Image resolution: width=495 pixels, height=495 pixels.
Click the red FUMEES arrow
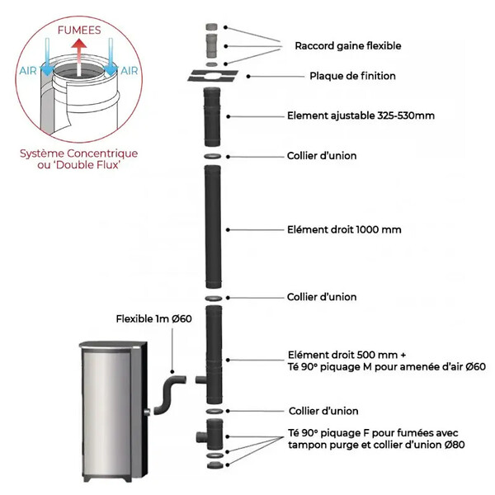click(x=78, y=56)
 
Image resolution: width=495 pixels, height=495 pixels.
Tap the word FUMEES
click(x=79, y=31)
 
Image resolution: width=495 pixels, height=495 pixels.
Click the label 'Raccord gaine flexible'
click(x=348, y=45)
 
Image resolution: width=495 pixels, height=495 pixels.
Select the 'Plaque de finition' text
click(x=352, y=76)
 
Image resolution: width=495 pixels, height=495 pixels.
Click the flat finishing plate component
click(x=213, y=76)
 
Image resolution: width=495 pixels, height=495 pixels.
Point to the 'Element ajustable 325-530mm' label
click(x=361, y=115)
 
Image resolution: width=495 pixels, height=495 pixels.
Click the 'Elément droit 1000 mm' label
click(x=344, y=229)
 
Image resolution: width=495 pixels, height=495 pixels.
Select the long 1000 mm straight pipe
click(x=213, y=227)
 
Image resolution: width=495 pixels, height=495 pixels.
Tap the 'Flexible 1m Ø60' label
click(x=153, y=318)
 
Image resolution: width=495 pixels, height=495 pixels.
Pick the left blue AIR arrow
click(x=47, y=58)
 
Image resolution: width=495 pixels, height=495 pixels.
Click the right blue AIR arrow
click(x=111, y=58)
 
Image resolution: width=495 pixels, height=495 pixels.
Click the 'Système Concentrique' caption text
click(x=79, y=153)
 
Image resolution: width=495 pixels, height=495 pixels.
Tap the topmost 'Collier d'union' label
click(x=322, y=156)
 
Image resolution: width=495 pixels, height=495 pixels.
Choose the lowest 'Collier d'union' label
click(x=323, y=411)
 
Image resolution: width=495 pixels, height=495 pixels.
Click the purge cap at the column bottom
click(x=215, y=465)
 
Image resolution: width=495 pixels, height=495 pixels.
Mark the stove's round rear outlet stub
click(x=147, y=412)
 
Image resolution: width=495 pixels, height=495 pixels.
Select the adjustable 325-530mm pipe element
click(x=212, y=117)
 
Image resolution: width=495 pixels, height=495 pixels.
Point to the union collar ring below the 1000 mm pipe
click(x=214, y=299)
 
